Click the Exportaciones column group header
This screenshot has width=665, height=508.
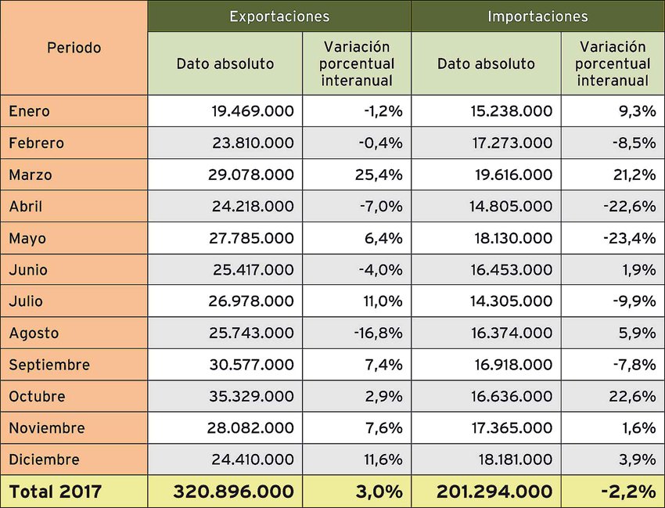click(x=279, y=16)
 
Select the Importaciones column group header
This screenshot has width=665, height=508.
click(x=537, y=16)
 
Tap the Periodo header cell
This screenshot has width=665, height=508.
click(x=74, y=48)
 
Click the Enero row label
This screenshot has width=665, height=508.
click(x=30, y=111)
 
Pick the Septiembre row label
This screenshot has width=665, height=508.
click(x=49, y=365)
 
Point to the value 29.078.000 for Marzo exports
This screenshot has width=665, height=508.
click(x=253, y=175)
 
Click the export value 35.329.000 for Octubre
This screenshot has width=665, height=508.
click(x=253, y=397)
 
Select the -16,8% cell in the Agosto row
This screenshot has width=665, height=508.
click(x=378, y=333)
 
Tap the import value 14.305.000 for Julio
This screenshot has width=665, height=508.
click(x=512, y=301)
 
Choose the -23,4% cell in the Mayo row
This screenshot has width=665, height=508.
click(x=629, y=238)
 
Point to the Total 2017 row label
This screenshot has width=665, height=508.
click(x=56, y=492)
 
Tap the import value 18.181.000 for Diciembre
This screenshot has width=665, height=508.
click(x=512, y=459)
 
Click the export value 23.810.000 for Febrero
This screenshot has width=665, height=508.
click(x=253, y=143)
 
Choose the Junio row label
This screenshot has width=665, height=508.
click(x=28, y=270)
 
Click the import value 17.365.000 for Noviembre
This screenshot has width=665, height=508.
click(x=512, y=428)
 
